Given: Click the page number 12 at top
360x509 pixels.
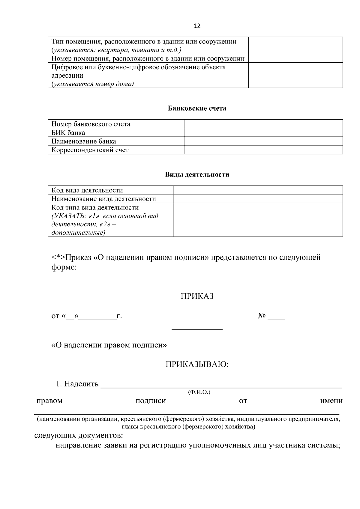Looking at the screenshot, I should point(197,26).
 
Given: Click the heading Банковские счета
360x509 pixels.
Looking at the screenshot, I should point(197,108).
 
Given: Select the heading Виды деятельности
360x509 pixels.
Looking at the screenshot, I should point(197,174).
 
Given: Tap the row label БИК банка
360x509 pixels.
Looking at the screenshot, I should point(68,132).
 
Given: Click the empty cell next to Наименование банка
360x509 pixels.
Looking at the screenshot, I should point(263,141).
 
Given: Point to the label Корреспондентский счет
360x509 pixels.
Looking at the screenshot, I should point(90,150).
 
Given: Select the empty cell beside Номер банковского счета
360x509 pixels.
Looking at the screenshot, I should point(263,124).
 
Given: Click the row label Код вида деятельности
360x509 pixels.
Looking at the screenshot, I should point(87,190).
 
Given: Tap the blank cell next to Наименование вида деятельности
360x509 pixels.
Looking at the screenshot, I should point(258,199).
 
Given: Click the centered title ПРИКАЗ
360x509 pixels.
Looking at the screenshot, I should point(197,296).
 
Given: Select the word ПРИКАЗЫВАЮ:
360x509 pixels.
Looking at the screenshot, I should point(197,365).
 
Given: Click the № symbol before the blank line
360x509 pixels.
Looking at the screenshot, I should point(262,316).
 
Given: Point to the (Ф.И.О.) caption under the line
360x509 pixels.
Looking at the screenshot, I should point(199,392).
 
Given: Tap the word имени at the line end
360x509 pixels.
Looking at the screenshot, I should point(331,401).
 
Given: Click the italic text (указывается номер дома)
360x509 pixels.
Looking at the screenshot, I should point(92,84).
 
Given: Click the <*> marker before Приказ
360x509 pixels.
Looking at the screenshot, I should point(58,257).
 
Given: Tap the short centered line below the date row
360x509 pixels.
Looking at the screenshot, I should point(197,329).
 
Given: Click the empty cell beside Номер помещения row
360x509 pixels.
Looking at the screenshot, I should point(295,58).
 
